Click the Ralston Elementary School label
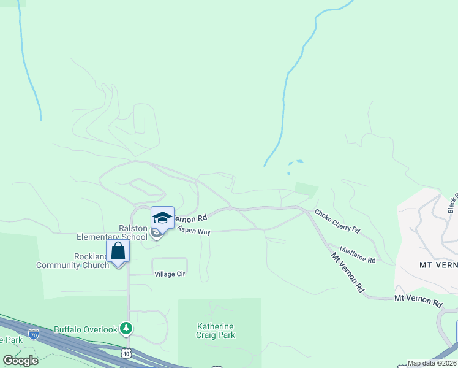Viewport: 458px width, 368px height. [x=111, y=232]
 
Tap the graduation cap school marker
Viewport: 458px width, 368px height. [x=162, y=218]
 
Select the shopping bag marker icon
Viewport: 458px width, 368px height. [x=118, y=251]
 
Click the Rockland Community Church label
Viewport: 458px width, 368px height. [x=72, y=261]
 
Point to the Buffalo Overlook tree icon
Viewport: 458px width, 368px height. [x=126, y=329]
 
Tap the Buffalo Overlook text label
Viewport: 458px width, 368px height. [x=85, y=329]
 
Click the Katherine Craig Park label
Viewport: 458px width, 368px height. [x=216, y=331]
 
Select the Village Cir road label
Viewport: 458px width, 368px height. [x=162, y=274]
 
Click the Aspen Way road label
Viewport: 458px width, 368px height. [x=194, y=231]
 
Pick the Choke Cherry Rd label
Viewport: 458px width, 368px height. [x=337, y=221]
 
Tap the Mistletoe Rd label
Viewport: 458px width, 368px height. [x=358, y=255]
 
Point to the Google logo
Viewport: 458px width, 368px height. [x=20, y=360]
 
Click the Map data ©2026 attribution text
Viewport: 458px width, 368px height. [x=432, y=363]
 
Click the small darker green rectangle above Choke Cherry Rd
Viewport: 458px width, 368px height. [x=306, y=189]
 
